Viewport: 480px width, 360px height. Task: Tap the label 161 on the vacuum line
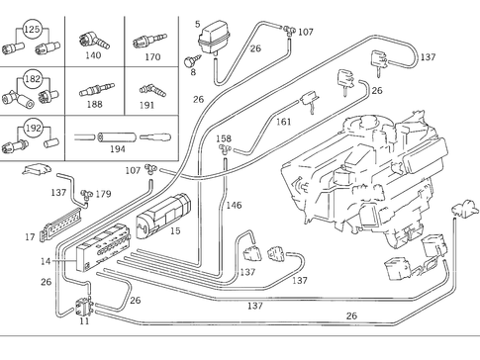[x=282, y=122]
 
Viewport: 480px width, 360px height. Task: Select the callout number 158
[x=224, y=138]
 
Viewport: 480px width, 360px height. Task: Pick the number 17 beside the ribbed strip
[x=30, y=236]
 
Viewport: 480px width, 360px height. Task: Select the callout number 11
[x=84, y=321]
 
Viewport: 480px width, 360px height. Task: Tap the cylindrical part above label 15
[x=166, y=208]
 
